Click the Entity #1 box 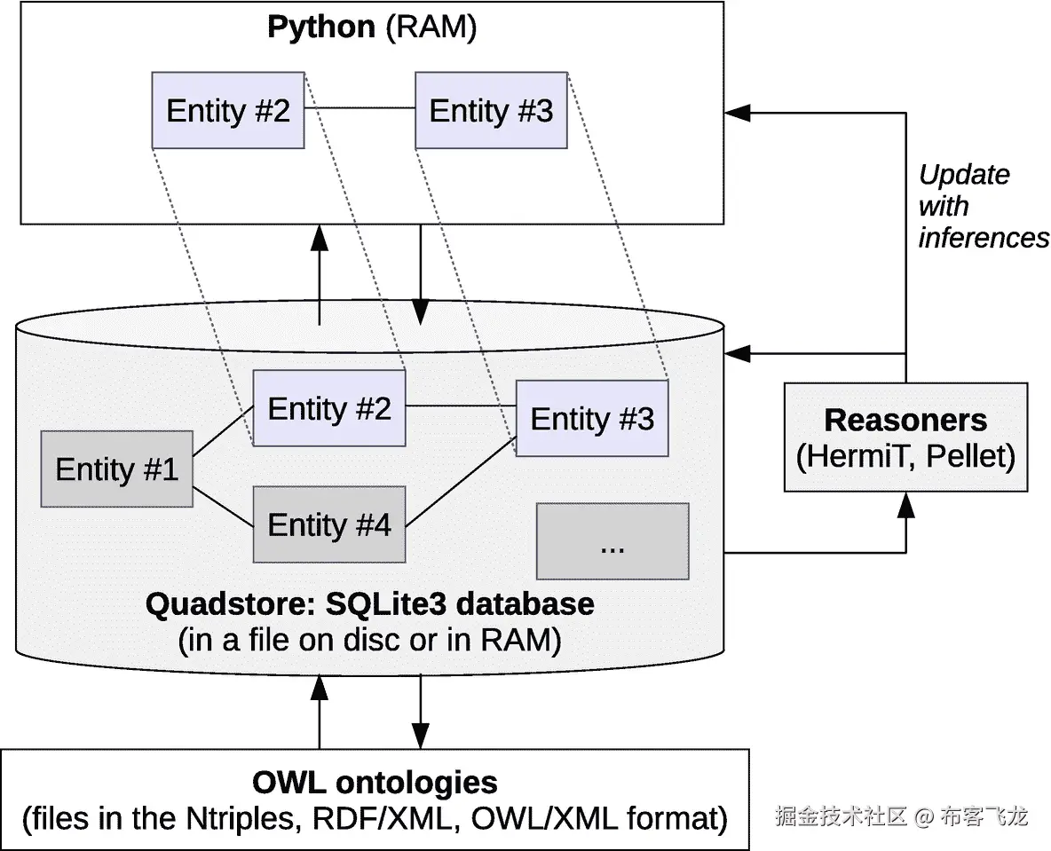(x=116, y=469)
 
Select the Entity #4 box (x=329, y=524)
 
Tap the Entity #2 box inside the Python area (x=228, y=111)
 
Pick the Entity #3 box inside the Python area (x=491, y=111)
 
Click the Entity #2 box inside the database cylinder (x=329, y=408)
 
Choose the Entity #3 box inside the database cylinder (x=592, y=418)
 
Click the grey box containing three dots (x=612, y=540)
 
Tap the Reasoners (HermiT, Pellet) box (x=905, y=437)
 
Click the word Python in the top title (x=321, y=27)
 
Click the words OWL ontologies (x=375, y=782)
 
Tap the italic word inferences (x=984, y=238)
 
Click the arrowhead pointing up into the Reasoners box (x=906, y=504)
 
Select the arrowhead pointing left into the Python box (x=738, y=113)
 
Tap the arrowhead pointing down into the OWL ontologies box (x=420, y=737)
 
